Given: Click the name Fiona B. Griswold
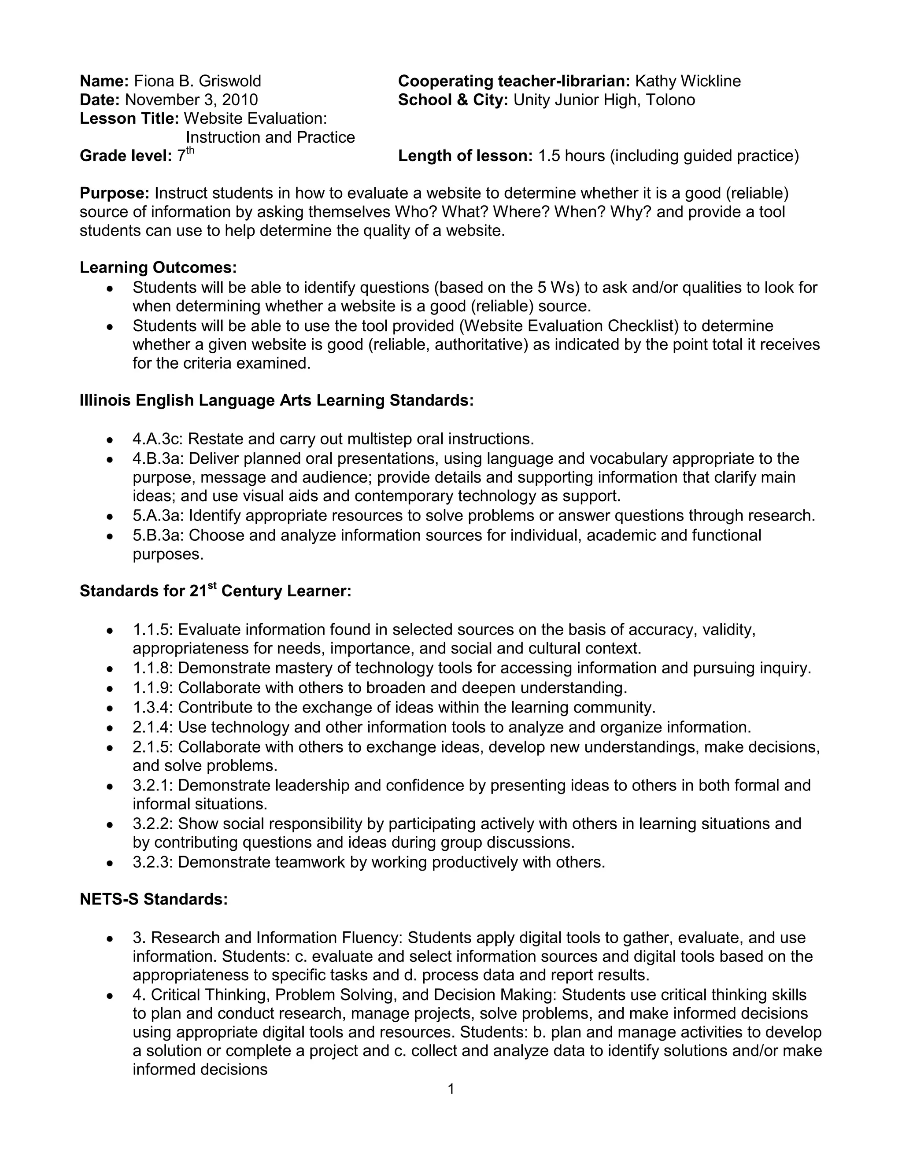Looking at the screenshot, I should click(197, 81).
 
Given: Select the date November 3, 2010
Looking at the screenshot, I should click(191, 100).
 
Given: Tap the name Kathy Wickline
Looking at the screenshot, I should click(687, 81).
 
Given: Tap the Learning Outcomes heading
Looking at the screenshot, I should click(158, 267).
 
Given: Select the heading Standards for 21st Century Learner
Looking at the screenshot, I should click(215, 591).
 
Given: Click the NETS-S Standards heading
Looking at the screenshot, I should click(154, 899).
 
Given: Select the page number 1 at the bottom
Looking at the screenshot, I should click(451, 1089).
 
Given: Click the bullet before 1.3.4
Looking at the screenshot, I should click(110, 709).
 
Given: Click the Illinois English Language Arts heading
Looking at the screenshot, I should click(276, 400).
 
